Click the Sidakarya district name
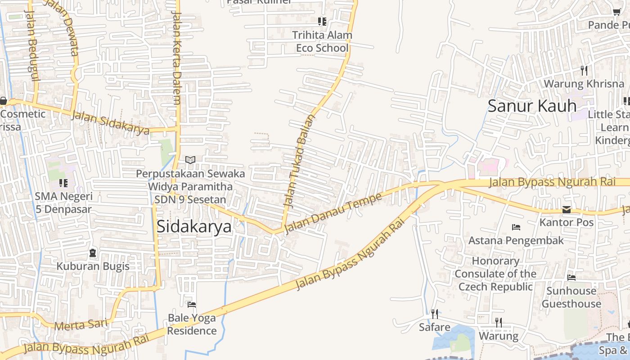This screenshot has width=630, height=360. click(x=194, y=226)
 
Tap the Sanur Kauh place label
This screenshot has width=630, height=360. click(x=532, y=106)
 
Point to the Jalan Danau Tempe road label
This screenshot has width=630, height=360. click(x=333, y=213)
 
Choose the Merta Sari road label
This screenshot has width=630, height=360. click(x=81, y=324)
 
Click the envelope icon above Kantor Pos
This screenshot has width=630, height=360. click(x=566, y=210)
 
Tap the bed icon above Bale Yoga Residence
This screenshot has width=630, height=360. click(x=192, y=305)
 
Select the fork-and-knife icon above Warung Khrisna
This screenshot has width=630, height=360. click(x=584, y=71)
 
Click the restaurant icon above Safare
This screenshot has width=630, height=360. click(x=435, y=314)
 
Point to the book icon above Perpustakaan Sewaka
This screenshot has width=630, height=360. click(x=190, y=160)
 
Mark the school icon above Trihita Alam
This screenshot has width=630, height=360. click(x=322, y=21)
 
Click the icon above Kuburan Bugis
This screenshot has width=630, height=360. click(x=93, y=253)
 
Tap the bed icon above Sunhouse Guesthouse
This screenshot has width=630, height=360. click(x=571, y=278)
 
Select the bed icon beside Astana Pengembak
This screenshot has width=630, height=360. click(x=516, y=227)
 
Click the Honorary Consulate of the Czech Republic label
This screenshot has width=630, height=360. click(x=495, y=274)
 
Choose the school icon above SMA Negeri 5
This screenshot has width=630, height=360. click(x=63, y=183)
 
